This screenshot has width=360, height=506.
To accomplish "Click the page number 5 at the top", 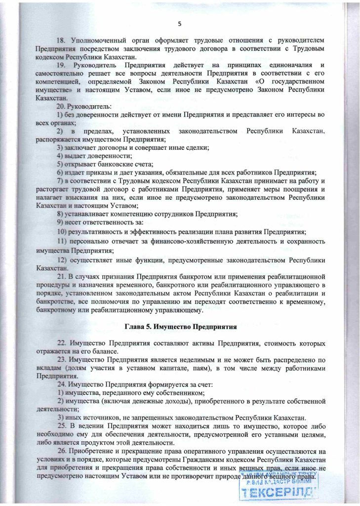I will pos(180,24).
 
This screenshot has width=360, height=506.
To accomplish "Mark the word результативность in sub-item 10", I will pos(96,231).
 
